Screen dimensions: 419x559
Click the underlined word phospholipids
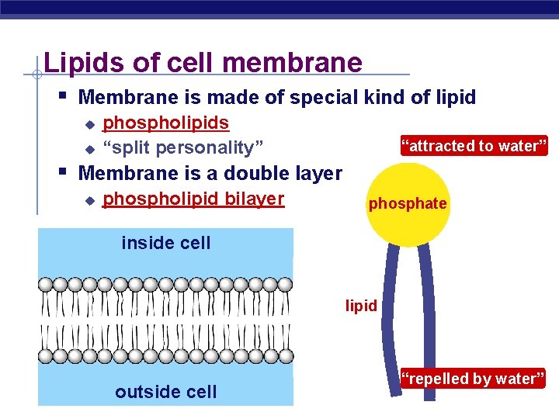(165, 123)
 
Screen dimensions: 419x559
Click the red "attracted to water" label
(474, 146)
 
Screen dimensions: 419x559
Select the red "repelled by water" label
(473, 379)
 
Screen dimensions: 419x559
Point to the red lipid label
(361, 306)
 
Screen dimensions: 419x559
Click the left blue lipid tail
(388, 310)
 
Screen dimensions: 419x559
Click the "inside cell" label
(166, 243)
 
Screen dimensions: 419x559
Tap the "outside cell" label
(166, 392)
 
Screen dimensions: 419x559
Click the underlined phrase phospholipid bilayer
(193, 199)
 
